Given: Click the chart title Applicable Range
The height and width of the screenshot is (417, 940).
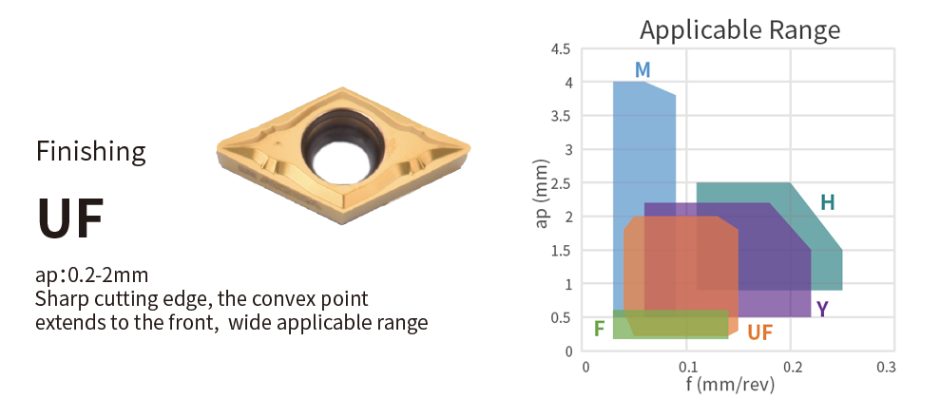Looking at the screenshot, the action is [739, 29].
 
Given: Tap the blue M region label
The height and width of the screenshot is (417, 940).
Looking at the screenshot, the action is [643, 70].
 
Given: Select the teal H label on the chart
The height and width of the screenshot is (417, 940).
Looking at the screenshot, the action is [827, 203].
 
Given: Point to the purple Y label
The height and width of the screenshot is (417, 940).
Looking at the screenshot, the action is [822, 309].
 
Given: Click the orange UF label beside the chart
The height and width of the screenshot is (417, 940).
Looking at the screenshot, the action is [760, 332].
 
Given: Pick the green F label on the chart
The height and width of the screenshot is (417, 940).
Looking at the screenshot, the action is [599, 329].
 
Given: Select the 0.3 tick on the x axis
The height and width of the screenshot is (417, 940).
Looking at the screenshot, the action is [887, 367].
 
